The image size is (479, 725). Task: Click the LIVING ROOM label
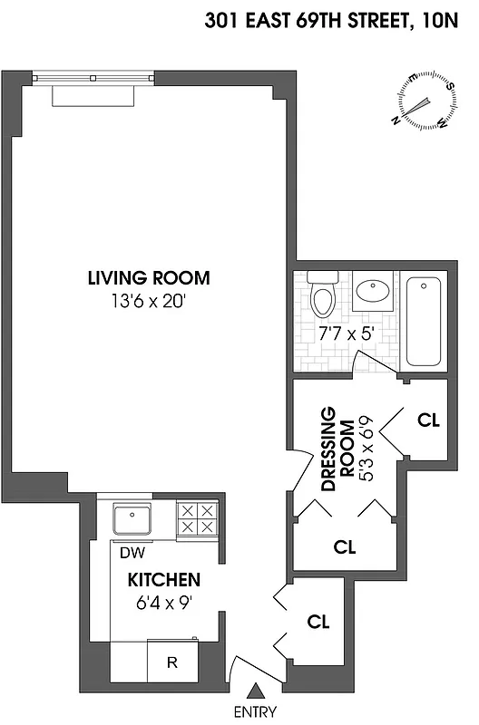tap(149, 278)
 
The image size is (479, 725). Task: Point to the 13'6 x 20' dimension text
tap(149, 300)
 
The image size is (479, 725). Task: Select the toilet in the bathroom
tap(322, 293)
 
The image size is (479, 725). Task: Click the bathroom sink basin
tap(372, 292)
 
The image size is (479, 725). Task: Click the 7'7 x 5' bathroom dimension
tap(347, 333)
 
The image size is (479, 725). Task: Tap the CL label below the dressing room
tap(345, 547)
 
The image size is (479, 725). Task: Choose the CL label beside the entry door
tap(318, 623)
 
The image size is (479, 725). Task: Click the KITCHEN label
tap(163, 580)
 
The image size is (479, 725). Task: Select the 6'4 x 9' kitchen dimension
tap(163, 600)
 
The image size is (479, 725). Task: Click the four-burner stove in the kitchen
tap(198, 520)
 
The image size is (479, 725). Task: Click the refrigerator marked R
tap(171, 662)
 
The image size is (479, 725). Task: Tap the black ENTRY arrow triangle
tap(255, 691)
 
